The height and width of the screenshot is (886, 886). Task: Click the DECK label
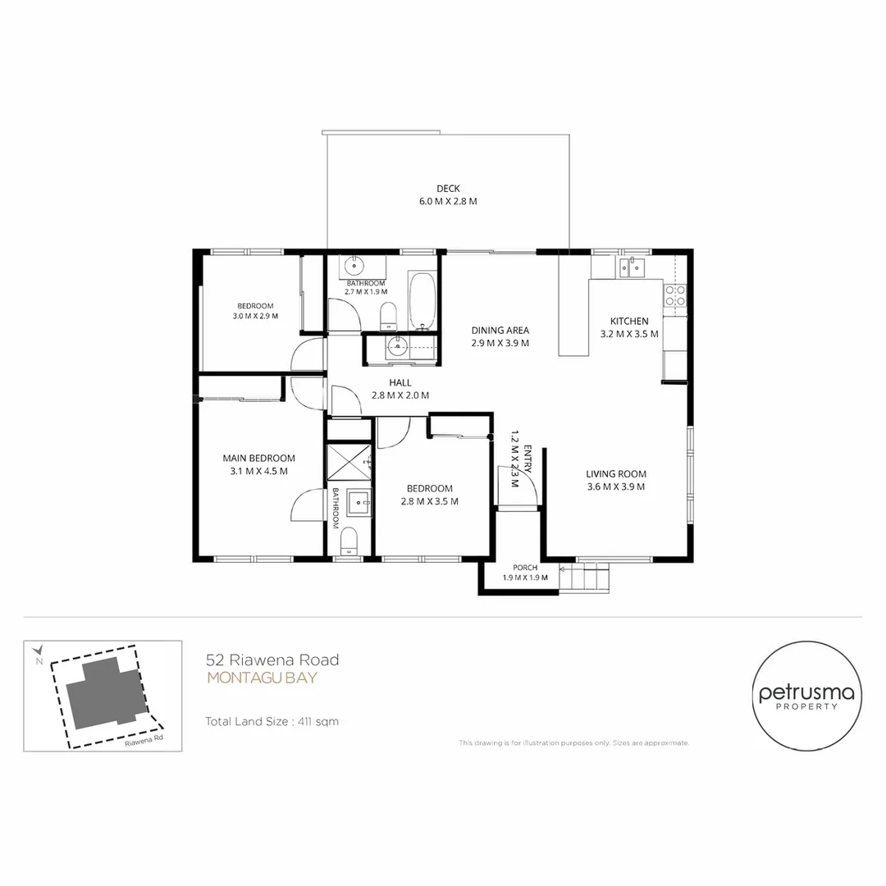(x=448, y=188)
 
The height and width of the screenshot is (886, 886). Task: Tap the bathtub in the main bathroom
(x=422, y=302)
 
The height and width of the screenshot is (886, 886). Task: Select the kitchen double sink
(x=632, y=267)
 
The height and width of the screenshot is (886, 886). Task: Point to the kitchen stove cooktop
(x=674, y=295)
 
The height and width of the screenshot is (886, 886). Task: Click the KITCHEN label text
(x=629, y=321)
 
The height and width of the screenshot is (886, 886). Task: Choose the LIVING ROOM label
(x=616, y=474)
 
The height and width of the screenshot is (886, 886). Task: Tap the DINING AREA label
(x=500, y=331)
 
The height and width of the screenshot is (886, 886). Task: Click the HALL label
(x=400, y=382)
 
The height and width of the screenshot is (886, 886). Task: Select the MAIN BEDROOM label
(x=258, y=459)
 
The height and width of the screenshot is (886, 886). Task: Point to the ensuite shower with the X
(x=349, y=462)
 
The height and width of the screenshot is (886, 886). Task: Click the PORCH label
(x=525, y=568)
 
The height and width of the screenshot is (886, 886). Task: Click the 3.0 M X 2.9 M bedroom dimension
(x=255, y=317)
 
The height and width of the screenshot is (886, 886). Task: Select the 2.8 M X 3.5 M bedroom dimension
(x=429, y=501)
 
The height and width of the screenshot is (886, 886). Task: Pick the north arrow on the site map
(x=38, y=650)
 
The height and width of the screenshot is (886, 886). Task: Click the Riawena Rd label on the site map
(x=144, y=740)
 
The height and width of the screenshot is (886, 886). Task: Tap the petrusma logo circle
(x=806, y=696)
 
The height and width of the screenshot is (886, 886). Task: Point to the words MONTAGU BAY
(x=263, y=678)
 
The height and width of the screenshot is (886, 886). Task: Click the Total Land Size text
(x=272, y=722)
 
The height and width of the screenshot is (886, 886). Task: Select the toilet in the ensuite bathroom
(x=349, y=541)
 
